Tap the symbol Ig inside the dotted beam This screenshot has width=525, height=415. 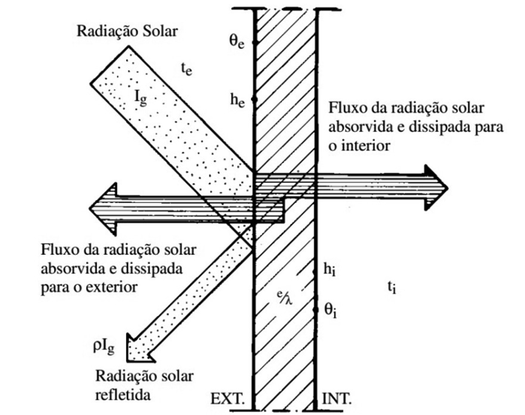(x=143, y=98)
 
